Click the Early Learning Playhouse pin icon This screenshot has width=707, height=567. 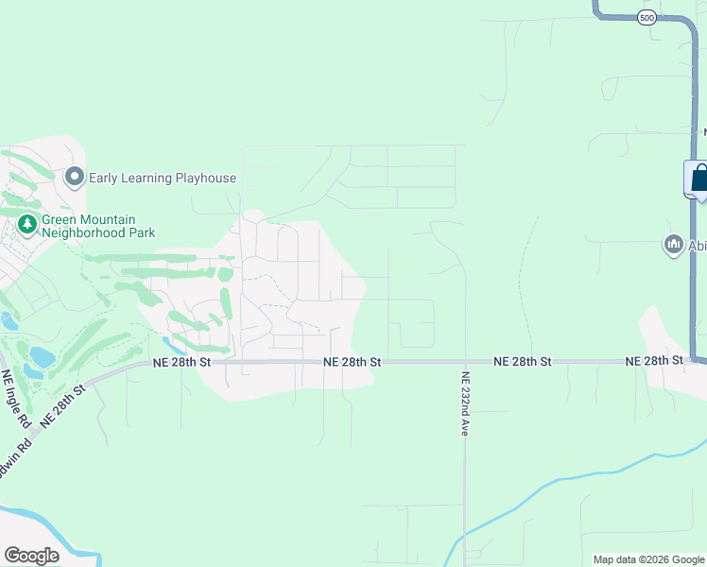[75, 177]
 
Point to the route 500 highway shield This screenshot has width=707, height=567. [647, 18]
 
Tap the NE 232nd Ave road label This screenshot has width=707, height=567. [465, 403]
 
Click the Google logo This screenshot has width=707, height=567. [31, 555]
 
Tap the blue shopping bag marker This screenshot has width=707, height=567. [699, 179]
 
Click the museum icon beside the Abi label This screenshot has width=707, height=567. [674, 245]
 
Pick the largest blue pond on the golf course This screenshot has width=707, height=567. [43, 357]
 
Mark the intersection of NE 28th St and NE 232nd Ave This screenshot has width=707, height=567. [465, 361]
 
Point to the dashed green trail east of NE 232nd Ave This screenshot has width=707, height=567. [522, 283]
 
